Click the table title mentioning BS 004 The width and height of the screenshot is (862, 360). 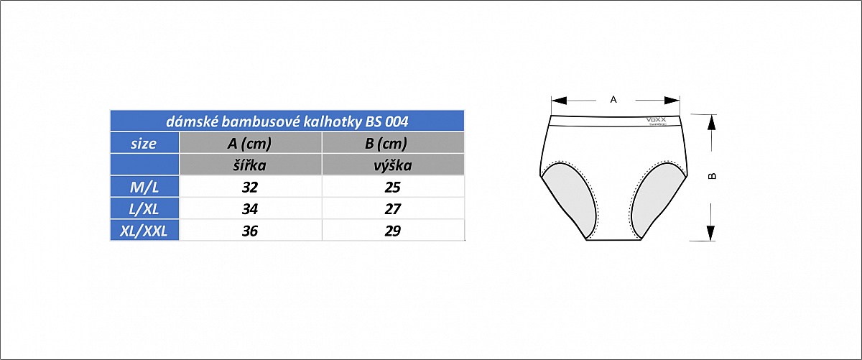[287, 121]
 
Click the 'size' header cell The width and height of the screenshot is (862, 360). [144, 143]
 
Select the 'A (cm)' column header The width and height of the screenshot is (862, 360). [249, 143]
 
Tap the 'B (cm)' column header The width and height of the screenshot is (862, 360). [386, 143]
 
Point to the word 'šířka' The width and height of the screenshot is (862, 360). [249, 165]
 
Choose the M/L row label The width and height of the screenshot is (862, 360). [144, 188]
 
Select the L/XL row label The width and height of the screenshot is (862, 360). [144, 209]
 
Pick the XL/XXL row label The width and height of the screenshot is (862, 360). [144, 231]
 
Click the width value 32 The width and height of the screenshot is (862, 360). [249, 188]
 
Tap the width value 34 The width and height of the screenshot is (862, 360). [249, 209]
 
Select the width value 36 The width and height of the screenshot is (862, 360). [249, 231]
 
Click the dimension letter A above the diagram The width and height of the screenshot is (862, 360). [613, 100]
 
